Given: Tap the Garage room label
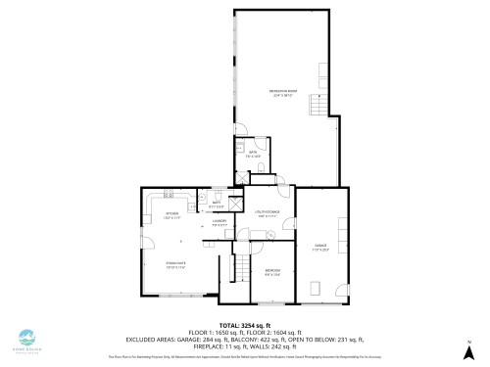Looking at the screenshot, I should pyautogui.click(x=320, y=245).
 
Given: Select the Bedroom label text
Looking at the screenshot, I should pyautogui.click(x=272, y=271).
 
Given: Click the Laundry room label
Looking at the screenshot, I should pyautogui.click(x=220, y=223).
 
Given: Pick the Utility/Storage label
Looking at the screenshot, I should pyautogui.click(x=269, y=212).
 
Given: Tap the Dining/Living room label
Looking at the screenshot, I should pyautogui.click(x=175, y=263).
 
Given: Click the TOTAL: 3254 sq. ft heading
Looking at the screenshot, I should pyautogui.click(x=244, y=324).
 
